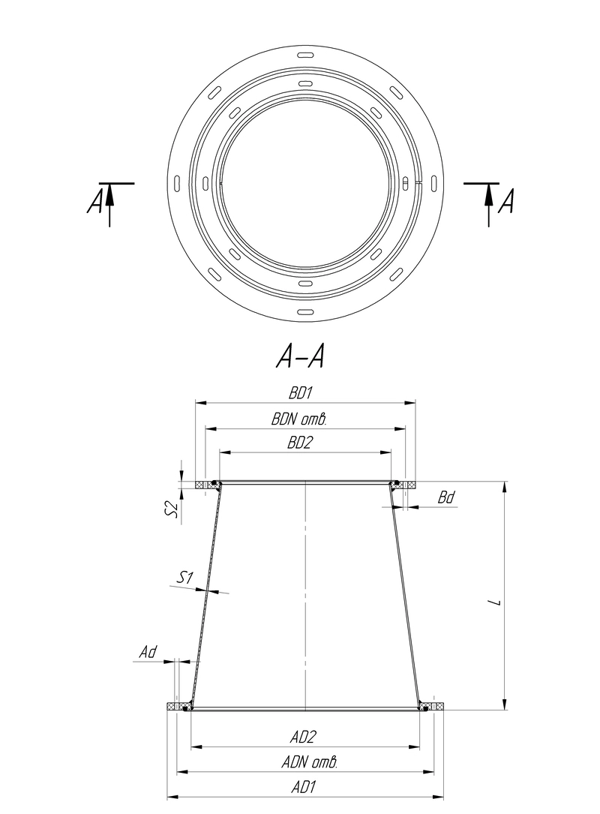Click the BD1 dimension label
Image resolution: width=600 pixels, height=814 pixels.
click(x=301, y=393)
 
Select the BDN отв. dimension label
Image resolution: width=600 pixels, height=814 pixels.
click(x=299, y=419)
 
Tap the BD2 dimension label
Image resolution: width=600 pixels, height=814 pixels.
click(x=301, y=443)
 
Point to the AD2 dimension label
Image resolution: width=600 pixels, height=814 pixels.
click(x=303, y=737)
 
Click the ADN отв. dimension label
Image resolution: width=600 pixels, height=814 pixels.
click(x=309, y=762)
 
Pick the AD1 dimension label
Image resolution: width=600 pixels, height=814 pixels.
click(x=303, y=788)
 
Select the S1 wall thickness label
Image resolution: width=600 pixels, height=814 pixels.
click(x=185, y=577)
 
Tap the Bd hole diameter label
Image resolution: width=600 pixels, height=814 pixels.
click(x=445, y=498)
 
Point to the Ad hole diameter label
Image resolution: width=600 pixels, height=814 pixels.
click(x=148, y=652)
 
